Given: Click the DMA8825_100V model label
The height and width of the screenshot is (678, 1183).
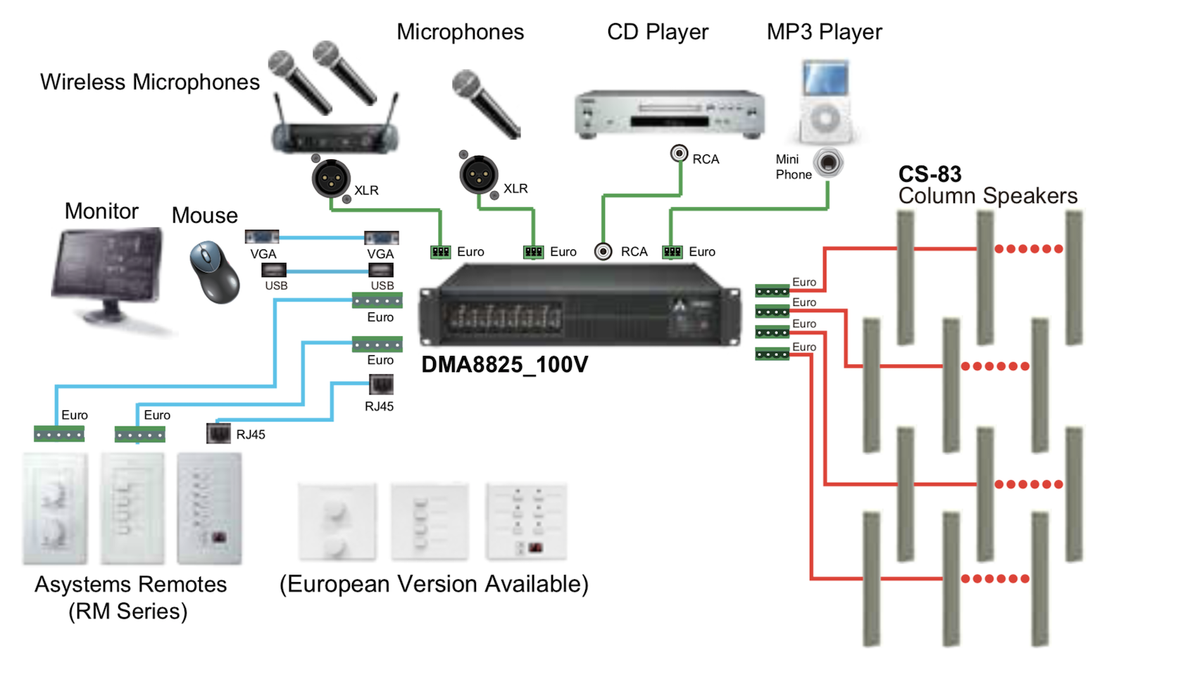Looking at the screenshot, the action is [504, 364].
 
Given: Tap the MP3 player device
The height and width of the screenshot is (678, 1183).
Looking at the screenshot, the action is [826, 101].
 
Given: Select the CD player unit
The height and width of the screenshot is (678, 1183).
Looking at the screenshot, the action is [669, 114].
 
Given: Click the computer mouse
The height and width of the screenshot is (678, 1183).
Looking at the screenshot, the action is [214, 271].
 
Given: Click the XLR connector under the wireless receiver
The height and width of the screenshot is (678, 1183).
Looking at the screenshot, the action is [331, 179].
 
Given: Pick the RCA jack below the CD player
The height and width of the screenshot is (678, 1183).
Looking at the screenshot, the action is [679, 153].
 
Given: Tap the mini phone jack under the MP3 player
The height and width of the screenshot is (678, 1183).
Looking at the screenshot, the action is [827, 163].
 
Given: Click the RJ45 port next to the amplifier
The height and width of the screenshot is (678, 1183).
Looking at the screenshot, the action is [381, 384].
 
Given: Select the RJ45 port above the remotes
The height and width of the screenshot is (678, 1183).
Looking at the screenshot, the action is [218, 433].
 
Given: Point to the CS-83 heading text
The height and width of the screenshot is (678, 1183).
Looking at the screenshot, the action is [930, 174].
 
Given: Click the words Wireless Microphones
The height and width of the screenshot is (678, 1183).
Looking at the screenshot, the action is [150, 82].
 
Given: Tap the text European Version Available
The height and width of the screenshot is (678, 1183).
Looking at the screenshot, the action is [434, 584].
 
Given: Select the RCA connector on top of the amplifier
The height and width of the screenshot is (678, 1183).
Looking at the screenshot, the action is [603, 251].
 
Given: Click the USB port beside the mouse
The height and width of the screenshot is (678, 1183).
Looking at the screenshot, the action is [274, 270].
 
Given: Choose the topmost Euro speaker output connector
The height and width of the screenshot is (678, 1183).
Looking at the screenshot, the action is [772, 290].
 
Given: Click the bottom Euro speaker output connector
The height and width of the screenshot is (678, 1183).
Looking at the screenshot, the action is [772, 354].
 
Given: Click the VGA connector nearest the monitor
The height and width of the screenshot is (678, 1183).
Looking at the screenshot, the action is [262, 237].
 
